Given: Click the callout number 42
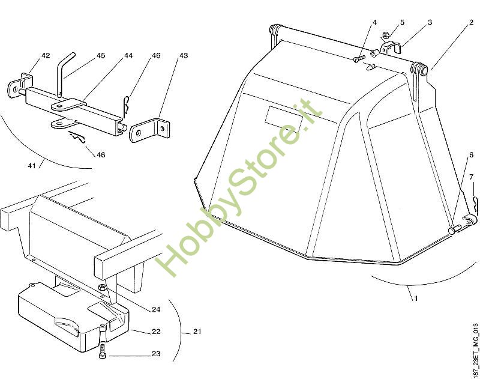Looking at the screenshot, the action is point(46,55).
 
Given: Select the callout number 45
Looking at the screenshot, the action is point(101,55).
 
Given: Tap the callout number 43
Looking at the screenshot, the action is point(184,55).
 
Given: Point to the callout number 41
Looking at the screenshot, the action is point(32,166).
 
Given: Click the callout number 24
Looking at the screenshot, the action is point(156,309).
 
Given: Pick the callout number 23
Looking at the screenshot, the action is point(156,354).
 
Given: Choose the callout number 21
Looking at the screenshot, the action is point(197,331).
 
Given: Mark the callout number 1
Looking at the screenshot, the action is point(416,298).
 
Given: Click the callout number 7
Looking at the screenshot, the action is point(472,177).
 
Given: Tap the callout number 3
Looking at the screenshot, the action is point(430,22).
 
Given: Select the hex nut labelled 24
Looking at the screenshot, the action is point(102,287).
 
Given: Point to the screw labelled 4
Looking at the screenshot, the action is point(359,58).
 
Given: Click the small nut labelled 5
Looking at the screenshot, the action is point(386,35).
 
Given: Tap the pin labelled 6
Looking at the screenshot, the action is point(455,229).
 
